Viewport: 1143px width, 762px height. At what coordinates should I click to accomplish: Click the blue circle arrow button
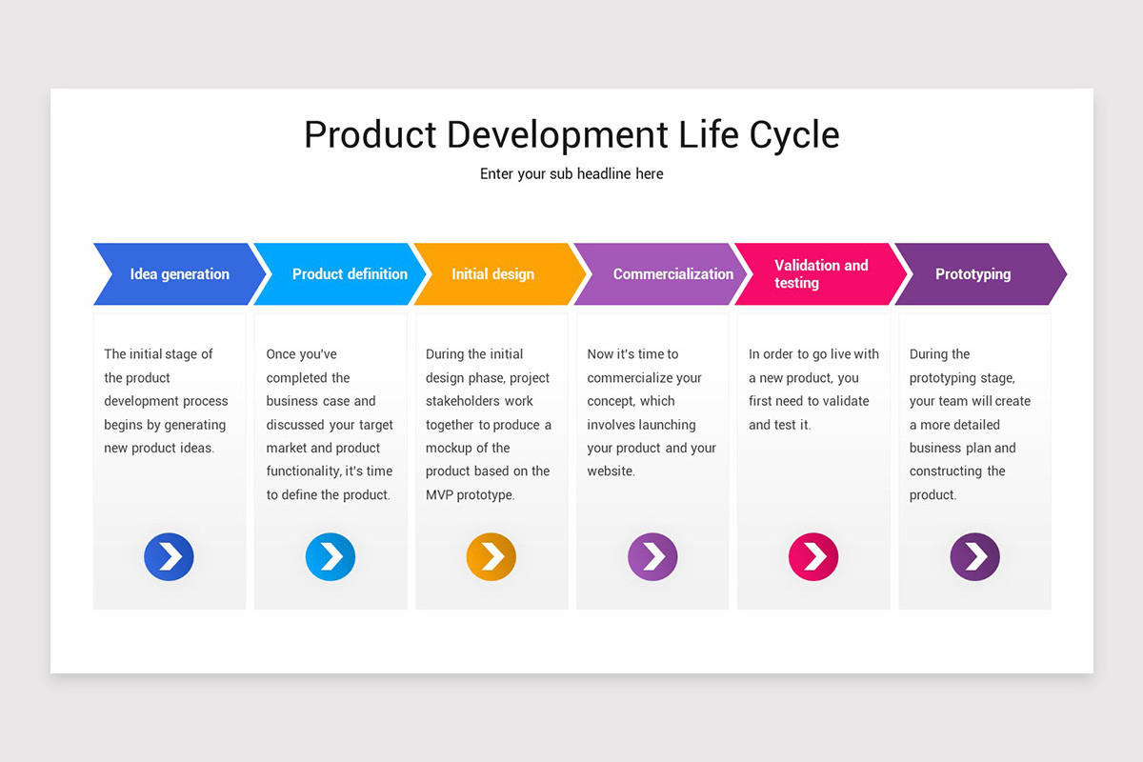tap(169, 556)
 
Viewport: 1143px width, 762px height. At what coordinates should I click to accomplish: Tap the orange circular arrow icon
tap(491, 556)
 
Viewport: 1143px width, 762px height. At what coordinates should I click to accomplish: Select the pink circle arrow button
tap(813, 556)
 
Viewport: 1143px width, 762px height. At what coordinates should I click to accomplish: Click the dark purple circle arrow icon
tap(974, 556)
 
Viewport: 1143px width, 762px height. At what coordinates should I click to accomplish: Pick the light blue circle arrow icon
tap(330, 556)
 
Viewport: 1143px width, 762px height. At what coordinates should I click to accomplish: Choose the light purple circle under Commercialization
tap(652, 556)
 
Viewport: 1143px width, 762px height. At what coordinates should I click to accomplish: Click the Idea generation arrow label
tap(179, 274)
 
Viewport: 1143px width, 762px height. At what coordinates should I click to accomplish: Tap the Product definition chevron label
tap(349, 274)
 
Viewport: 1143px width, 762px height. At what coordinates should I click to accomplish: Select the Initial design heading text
tap(492, 274)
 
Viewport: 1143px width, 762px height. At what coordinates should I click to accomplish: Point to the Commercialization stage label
tap(672, 274)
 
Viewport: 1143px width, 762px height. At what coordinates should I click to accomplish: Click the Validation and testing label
tap(820, 274)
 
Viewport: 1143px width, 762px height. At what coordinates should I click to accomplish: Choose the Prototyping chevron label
tap(973, 274)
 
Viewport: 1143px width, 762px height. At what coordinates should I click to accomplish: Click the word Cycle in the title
tap(793, 134)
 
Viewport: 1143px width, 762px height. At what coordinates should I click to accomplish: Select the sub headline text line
tap(571, 174)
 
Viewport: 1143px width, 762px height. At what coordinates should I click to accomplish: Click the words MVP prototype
tap(470, 495)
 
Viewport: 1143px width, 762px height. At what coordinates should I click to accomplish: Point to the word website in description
tap(610, 471)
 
